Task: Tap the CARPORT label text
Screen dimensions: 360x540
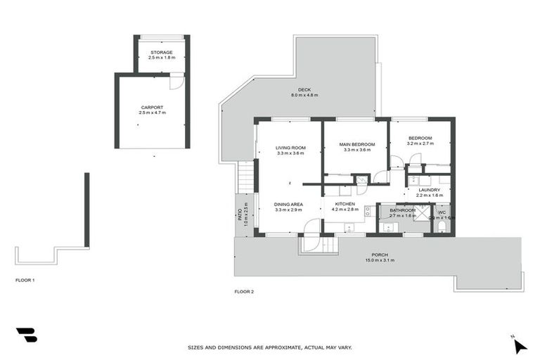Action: tap(152, 108)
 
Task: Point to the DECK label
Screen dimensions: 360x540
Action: tap(304, 90)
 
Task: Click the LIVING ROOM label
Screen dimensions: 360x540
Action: tap(290, 148)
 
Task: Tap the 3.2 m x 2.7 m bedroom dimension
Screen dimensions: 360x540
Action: tap(420, 143)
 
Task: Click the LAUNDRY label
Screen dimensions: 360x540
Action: tap(429, 190)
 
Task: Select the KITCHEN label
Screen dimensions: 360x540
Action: tap(345, 204)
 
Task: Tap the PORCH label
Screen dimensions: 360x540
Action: tap(380, 255)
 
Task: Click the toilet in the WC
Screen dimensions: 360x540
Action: tap(440, 226)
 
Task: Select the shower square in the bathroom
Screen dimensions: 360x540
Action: tap(421, 212)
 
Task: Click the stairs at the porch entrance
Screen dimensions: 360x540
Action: tap(320, 245)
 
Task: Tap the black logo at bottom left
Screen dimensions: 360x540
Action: tap(26, 335)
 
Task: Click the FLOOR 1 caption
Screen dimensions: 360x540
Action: tap(25, 280)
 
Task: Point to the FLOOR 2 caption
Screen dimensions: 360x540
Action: tap(244, 291)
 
